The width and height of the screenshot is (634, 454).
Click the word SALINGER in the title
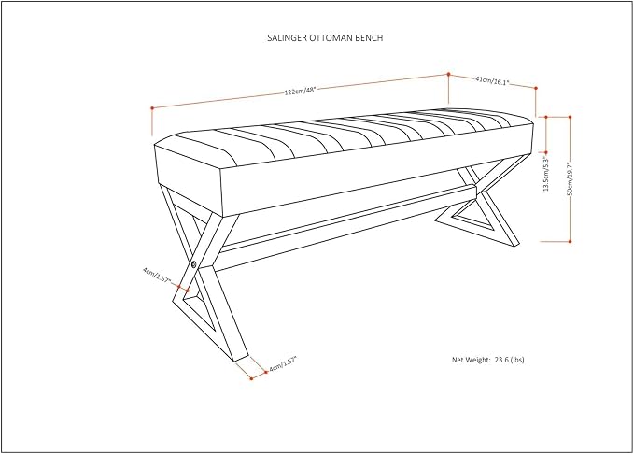point(287,38)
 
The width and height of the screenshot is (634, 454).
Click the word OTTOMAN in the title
point(331,38)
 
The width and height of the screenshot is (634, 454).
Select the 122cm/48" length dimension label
point(300,91)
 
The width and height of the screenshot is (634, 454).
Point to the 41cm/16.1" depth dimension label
point(491,80)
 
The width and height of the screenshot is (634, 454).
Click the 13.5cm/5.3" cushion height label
point(546,172)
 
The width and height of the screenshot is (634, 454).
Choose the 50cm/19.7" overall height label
point(570,178)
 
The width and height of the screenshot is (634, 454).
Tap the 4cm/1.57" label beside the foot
point(283,363)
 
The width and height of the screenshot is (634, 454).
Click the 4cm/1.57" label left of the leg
point(157,275)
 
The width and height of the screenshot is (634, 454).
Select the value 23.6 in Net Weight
point(501,360)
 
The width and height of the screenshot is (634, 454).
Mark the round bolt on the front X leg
point(193,264)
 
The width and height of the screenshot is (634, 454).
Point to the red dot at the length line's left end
point(152,108)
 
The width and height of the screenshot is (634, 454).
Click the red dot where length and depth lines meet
point(448,74)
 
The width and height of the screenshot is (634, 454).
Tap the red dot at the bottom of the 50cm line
point(570,242)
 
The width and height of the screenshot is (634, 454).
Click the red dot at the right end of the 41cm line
point(536,88)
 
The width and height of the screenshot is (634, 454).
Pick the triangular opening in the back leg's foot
point(472,219)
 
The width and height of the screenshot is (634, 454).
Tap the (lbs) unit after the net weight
point(517,360)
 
